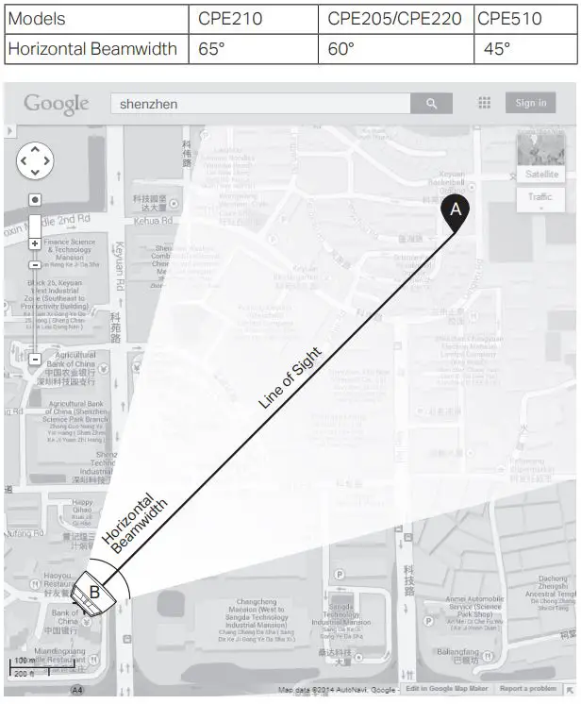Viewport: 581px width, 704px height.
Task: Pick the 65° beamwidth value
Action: tap(212, 48)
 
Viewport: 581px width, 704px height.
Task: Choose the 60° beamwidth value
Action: tap(340, 48)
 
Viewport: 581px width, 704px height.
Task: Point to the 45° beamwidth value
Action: tap(497, 48)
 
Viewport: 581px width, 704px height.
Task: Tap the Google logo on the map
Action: tap(57, 104)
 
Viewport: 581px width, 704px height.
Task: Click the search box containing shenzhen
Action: tap(260, 104)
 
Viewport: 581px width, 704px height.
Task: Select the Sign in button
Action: tap(531, 103)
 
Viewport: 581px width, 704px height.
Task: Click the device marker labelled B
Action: tap(93, 593)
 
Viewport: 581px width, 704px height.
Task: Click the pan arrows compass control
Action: tap(35, 160)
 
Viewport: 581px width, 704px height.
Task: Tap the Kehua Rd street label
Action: tap(153, 221)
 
